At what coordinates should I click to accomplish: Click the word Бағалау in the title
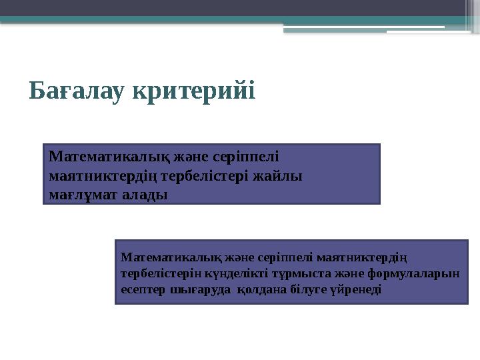[x=79, y=91]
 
